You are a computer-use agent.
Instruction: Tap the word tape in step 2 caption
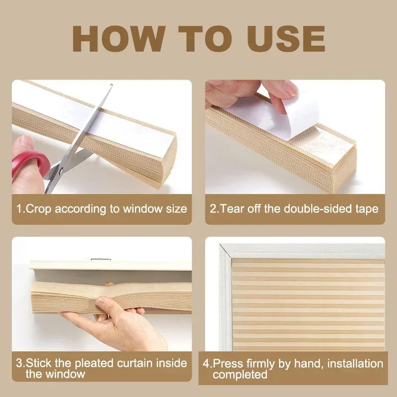point(367,208)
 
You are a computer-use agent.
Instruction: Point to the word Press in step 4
point(227,364)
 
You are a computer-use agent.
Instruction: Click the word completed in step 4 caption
point(240,375)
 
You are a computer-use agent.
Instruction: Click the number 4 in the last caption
point(207,364)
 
